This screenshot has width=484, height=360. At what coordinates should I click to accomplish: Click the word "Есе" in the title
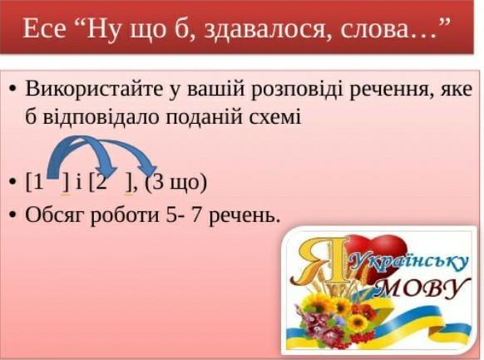[x=44, y=29]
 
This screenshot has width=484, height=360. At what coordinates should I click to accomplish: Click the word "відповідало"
[x=100, y=117]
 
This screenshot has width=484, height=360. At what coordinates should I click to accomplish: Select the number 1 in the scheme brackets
[x=38, y=183]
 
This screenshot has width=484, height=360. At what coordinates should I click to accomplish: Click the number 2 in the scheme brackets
[x=101, y=183]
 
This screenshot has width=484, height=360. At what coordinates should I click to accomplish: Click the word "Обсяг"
[x=55, y=215]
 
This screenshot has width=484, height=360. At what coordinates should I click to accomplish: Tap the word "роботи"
[x=125, y=215]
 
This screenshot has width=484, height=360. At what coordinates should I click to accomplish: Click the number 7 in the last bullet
[x=196, y=215]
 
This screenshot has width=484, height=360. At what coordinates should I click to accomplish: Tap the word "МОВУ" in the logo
[x=422, y=288]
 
